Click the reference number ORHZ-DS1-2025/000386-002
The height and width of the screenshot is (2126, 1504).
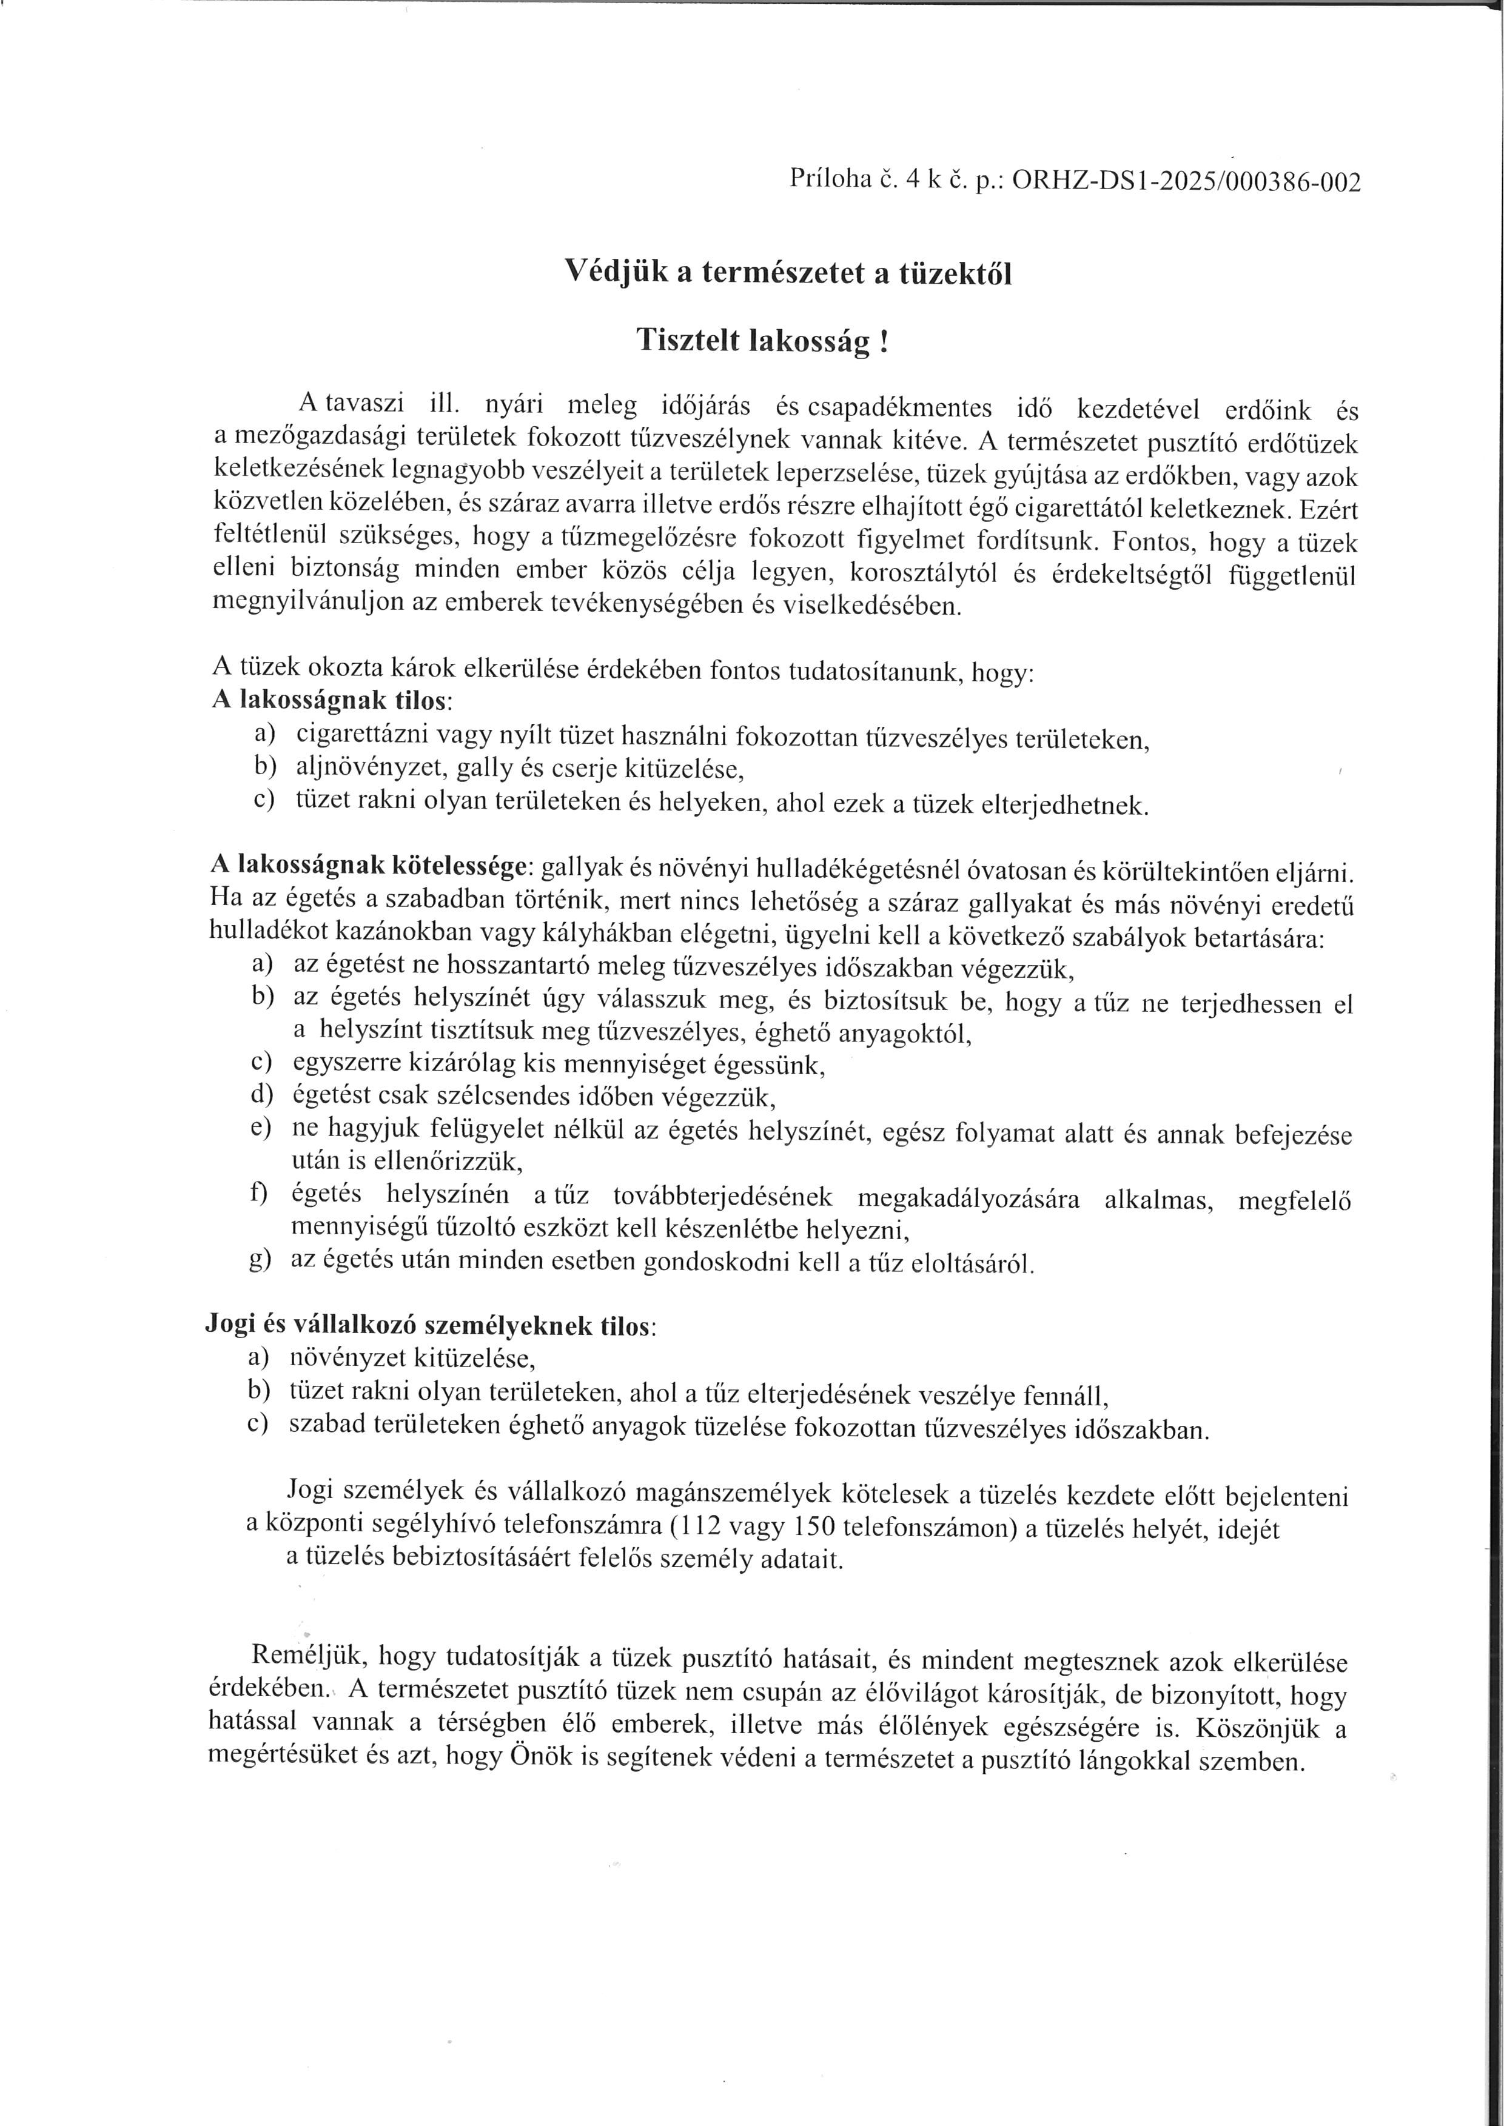pos(1187,181)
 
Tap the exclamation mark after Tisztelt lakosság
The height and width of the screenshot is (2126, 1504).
pos(884,342)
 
